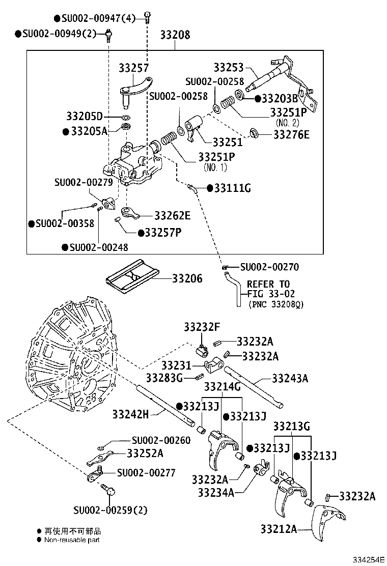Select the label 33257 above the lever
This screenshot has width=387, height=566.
(x=134, y=68)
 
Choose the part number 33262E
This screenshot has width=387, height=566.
(x=172, y=216)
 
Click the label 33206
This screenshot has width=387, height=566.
(x=187, y=278)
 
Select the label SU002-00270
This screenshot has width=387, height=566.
(x=269, y=267)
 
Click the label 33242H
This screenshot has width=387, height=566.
(x=130, y=414)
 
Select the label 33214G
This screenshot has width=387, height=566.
(x=222, y=387)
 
